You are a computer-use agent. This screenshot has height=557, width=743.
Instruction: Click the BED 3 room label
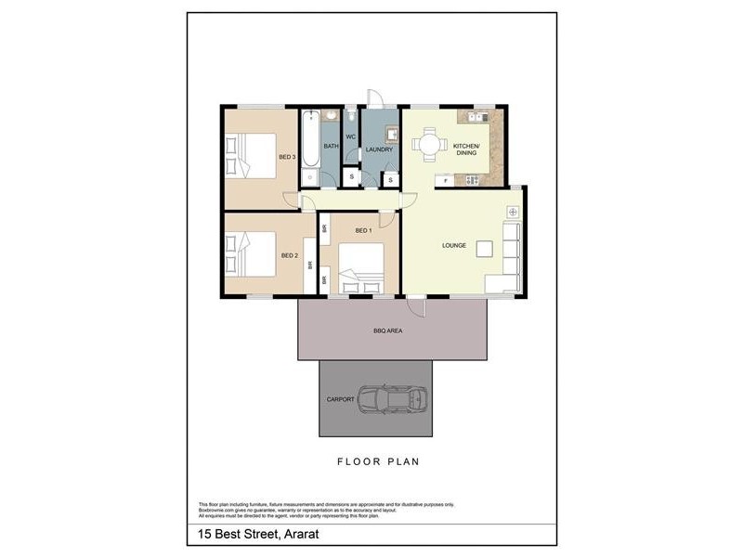click(287, 157)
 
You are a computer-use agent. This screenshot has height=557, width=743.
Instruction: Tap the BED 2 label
click(290, 255)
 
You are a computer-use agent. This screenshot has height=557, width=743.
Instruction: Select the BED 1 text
click(363, 230)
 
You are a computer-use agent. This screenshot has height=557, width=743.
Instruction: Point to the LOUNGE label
click(454, 245)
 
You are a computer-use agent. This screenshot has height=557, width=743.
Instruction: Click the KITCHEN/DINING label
click(464, 149)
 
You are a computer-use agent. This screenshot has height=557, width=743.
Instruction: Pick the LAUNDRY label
click(380, 149)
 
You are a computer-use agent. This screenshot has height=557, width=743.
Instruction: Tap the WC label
click(351, 137)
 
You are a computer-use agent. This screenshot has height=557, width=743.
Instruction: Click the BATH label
click(331, 147)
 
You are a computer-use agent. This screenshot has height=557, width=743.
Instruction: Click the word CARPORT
click(340, 399)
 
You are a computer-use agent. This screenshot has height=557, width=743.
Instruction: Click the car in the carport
click(394, 399)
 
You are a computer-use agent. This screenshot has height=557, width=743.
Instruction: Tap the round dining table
click(428, 144)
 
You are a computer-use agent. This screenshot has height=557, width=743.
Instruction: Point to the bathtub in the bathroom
click(309, 147)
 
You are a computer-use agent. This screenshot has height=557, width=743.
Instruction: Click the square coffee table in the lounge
click(486, 247)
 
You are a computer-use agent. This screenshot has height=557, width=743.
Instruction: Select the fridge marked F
click(447, 179)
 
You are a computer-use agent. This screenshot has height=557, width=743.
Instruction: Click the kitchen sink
click(479, 117)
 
